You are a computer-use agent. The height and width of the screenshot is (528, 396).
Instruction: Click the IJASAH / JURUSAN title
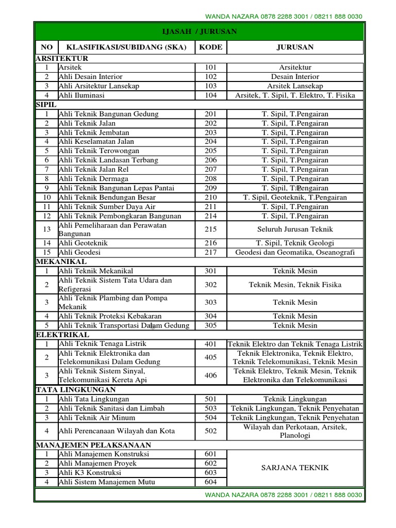click(199, 32)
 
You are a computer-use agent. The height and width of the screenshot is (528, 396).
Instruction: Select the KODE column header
click(210, 47)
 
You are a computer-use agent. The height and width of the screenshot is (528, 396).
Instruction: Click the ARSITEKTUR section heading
click(62, 58)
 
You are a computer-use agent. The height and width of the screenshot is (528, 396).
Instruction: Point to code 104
click(210, 95)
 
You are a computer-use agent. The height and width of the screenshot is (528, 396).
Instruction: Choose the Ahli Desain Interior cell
click(91, 77)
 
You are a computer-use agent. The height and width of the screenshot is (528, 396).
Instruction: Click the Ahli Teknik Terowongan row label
click(96, 151)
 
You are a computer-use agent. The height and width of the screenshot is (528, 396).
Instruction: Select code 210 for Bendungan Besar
click(210, 197)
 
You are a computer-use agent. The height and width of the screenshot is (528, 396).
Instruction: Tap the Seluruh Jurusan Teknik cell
click(295, 229)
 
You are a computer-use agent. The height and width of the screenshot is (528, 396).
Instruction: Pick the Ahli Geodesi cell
click(80, 253)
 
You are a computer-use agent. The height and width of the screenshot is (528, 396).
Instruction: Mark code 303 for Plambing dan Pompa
click(210, 302)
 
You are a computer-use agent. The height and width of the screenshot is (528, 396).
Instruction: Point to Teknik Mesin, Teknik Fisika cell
click(295, 285)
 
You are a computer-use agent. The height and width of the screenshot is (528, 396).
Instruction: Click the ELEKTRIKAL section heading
click(63, 335)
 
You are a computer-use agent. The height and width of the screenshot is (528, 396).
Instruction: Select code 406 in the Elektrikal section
click(210, 375)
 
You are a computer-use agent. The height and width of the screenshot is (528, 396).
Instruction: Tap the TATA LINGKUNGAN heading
click(75, 390)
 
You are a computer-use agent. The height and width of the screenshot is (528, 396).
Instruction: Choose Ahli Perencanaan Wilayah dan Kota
click(117, 431)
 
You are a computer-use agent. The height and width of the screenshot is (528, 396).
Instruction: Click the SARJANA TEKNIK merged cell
click(295, 468)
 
